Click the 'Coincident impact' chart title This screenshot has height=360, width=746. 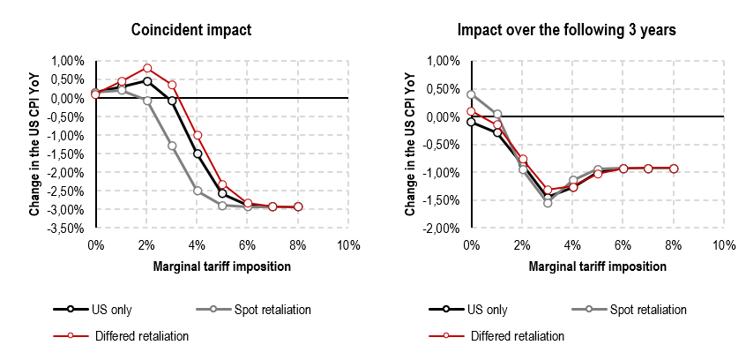point(191,30)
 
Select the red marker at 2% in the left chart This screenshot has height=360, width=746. point(147,68)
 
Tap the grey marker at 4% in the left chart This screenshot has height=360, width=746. point(198,191)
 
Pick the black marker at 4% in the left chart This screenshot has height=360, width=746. point(198,154)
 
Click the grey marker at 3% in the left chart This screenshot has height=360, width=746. point(172,146)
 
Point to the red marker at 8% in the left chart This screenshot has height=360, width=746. point(298,206)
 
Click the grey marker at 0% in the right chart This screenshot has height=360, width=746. point(471,94)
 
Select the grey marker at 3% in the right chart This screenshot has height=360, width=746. point(547,203)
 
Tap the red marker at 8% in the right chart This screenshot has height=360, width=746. point(674,169)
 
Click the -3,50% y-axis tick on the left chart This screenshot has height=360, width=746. point(73,229)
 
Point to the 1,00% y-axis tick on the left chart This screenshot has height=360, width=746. point(73,61)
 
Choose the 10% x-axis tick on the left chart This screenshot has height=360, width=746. point(348,244)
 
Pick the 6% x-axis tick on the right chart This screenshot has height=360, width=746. point(623,244)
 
